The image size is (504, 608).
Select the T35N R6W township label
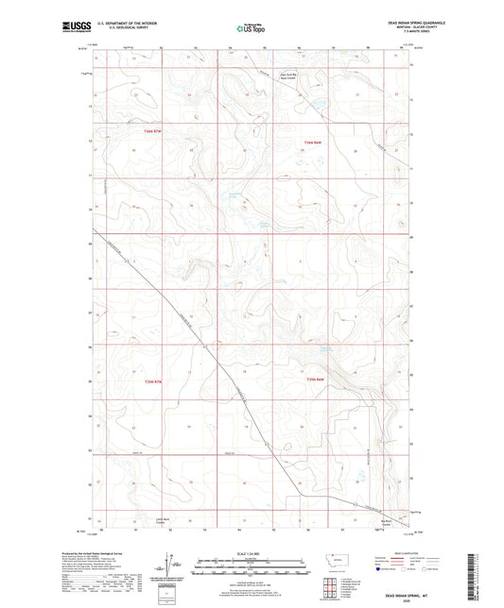coord(316,380)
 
